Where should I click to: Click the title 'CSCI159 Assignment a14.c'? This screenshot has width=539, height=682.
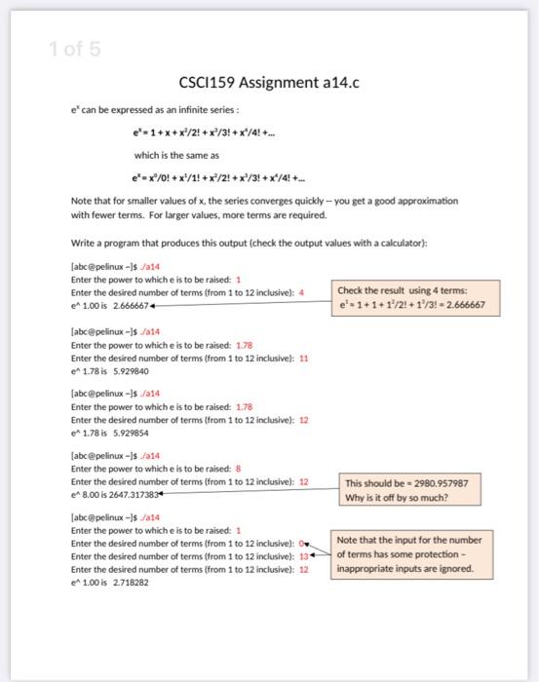pos(270,83)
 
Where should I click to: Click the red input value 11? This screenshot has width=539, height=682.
pos(304,357)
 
